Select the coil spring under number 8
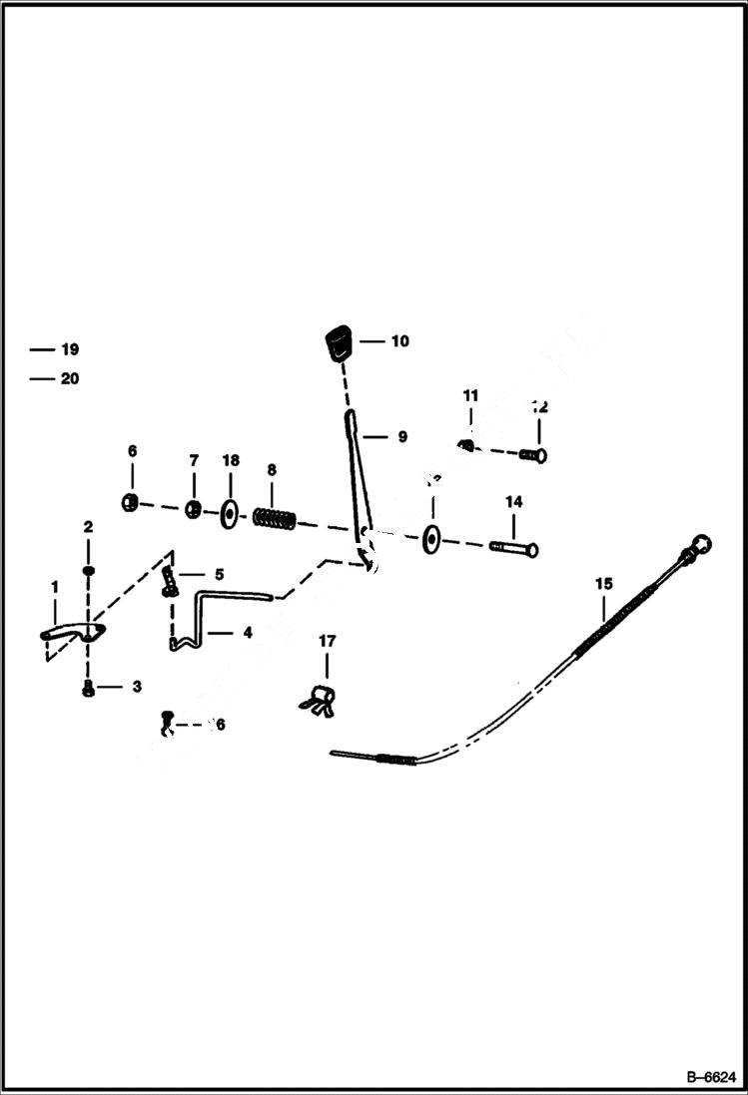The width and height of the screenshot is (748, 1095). pos(274,518)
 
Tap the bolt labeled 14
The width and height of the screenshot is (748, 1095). pos(513,548)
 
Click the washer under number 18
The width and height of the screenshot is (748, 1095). pos(230,514)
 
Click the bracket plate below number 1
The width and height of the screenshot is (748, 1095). pos(74,633)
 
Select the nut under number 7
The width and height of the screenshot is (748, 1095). pos(195,509)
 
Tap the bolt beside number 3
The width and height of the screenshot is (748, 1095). pos(88,689)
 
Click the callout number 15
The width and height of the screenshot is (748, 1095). pos(602,582)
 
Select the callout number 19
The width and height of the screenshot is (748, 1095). pos(69,349)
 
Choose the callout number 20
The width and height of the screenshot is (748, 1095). pos(69,378)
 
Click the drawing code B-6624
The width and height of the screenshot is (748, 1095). pos(710,1077)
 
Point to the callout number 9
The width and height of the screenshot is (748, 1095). pos(400,436)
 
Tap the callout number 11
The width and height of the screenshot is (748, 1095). pos(470,396)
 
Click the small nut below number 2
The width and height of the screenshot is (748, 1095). pos(88,570)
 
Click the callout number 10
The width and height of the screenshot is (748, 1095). pos(399,341)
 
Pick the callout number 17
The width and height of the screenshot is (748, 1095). pos(328,640)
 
